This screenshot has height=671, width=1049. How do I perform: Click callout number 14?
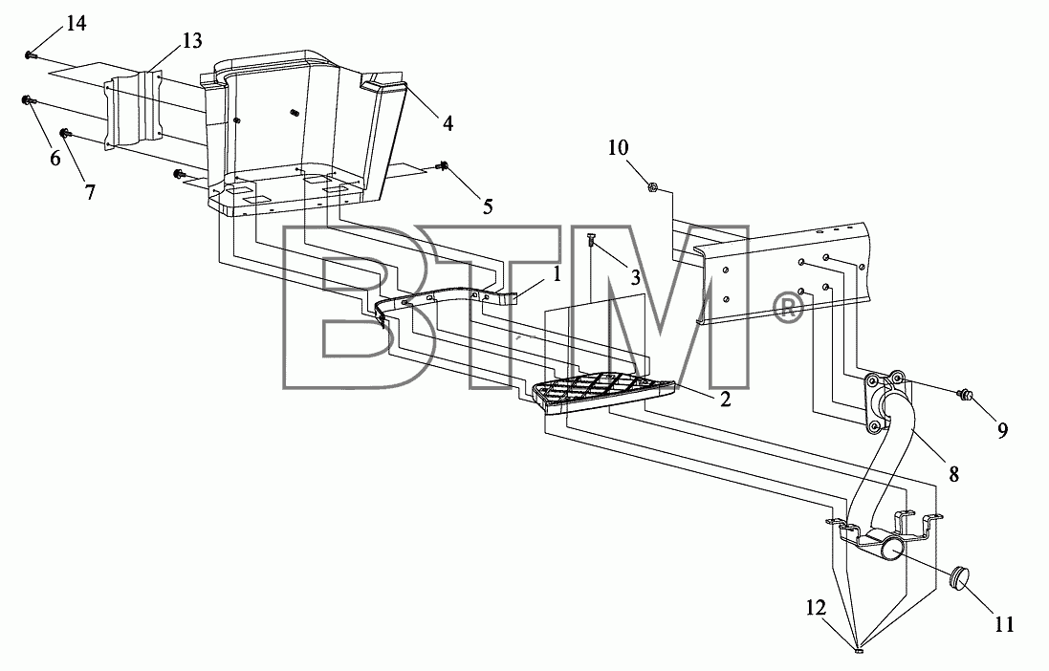[x=76, y=23]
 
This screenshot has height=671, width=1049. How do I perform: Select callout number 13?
[x=191, y=41]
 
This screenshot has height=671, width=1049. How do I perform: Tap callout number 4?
[x=448, y=123]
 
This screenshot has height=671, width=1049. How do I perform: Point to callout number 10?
[x=618, y=147]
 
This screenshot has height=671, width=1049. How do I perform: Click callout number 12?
[x=817, y=608]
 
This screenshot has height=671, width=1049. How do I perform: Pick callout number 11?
[x=1004, y=624]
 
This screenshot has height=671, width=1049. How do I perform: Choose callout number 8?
[x=954, y=474]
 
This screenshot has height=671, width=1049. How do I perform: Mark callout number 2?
[x=725, y=400]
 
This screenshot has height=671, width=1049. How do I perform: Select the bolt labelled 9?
[x=964, y=394]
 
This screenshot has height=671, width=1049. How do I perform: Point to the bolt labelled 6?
[x=28, y=100]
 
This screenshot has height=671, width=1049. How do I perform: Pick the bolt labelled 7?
[x=66, y=133]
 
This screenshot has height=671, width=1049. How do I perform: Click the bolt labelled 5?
[x=442, y=165]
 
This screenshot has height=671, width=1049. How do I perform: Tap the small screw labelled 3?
[x=591, y=240]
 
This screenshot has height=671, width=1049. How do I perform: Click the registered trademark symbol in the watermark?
[x=787, y=309]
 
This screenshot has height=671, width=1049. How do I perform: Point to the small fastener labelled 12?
[x=861, y=648]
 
